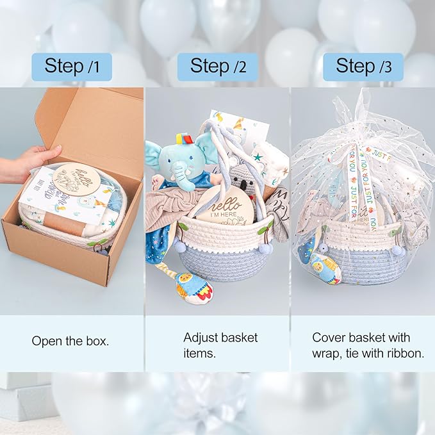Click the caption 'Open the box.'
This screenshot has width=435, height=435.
click(x=70, y=341)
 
